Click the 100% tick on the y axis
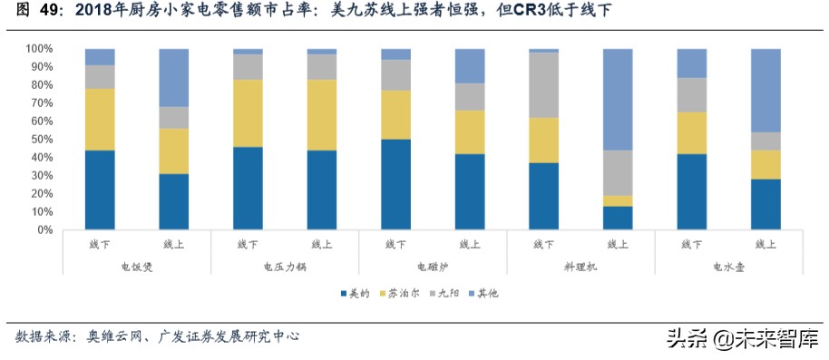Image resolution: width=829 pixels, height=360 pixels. [41, 48]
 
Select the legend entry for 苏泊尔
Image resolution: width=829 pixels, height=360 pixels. [402, 294]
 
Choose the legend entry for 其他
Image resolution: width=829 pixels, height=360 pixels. [489, 294]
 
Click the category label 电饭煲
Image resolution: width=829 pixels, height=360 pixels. [137, 267]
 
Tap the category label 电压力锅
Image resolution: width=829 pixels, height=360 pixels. [285, 267]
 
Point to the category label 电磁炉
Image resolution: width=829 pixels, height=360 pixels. [433, 267]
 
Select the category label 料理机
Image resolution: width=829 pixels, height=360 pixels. [580, 267]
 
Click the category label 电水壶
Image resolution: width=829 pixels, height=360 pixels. [728, 267]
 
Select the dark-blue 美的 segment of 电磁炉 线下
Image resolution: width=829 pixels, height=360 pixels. [395, 184]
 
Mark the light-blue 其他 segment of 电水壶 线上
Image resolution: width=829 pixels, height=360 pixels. [766, 90]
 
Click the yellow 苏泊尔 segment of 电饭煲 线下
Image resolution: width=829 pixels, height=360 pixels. [100, 119]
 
